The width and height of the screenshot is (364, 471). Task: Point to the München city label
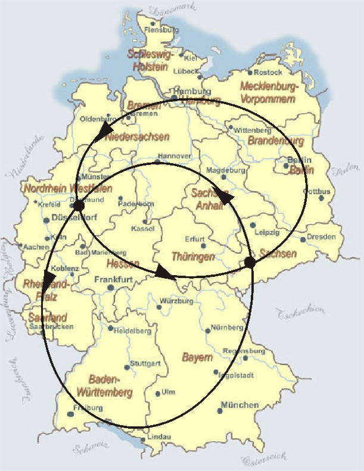pyautogui.click(x=239, y=406)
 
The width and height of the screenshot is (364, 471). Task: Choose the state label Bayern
pyautogui.click(x=197, y=358)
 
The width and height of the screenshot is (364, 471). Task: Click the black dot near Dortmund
pyautogui.click(x=77, y=205)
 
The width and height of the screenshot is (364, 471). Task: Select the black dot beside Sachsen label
pyautogui.click(x=250, y=262)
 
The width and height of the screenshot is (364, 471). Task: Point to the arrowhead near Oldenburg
pyautogui.click(x=105, y=129)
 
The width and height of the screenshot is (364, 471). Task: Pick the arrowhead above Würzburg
pyautogui.click(x=164, y=275)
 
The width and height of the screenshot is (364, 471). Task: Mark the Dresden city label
pyautogui.click(x=322, y=237)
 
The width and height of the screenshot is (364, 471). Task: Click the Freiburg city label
pyautogui.click(x=88, y=408)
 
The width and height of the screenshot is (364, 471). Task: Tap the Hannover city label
pyautogui.click(x=174, y=156)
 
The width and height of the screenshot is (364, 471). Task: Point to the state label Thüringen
pyautogui.click(x=192, y=257)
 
